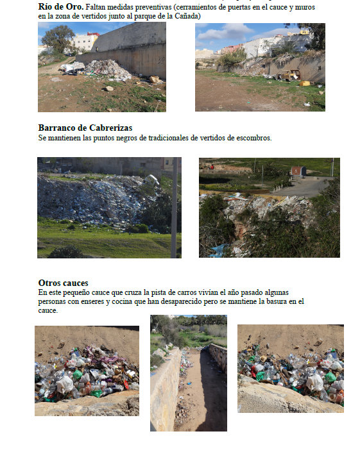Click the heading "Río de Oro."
[x=60, y=7]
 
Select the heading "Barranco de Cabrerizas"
[x=85, y=128]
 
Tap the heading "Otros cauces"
[x=63, y=283]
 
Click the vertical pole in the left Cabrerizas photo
[x=174, y=205]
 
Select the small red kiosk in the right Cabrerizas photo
[x=297, y=171]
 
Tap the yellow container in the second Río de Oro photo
[x=305, y=83]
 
